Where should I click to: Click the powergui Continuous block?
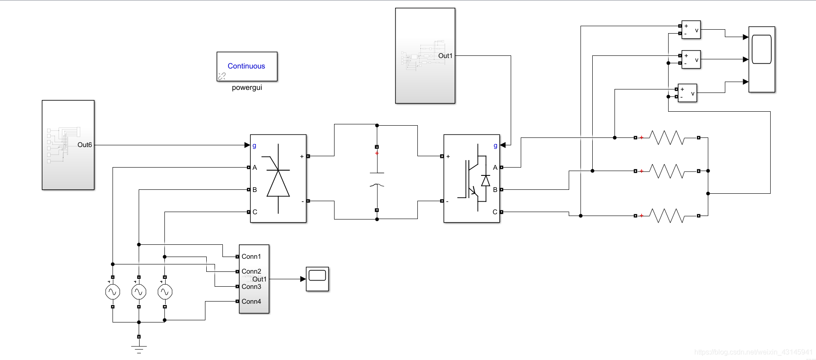(247, 66)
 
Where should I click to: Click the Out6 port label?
(85, 145)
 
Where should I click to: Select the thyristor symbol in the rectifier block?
(278, 179)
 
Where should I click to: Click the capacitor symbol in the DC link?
(377, 179)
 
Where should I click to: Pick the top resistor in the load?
(667, 138)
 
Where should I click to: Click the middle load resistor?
(667, 171)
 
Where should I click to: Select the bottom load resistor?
(667, 216)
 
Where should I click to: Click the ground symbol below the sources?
(139, 348)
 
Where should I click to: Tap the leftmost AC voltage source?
(113, 292)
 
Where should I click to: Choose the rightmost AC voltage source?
(165, 292)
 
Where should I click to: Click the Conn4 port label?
(251, 302)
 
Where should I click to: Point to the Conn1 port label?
(251, 257)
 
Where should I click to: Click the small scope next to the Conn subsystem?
(317, 279)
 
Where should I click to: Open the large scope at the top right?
(761, 59)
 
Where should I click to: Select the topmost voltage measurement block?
(691, 30)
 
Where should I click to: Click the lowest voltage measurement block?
(687, 93)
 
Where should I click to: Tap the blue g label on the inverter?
(495, 146)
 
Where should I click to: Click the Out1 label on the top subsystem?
(445, 56)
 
